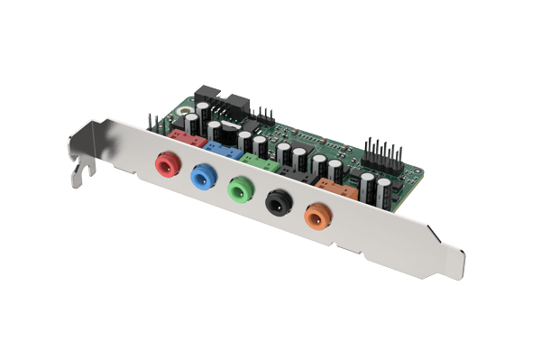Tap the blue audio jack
coord(201,179)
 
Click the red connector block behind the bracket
coord(185,137)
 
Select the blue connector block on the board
coord(219,148)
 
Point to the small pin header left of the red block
coord(156,121)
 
